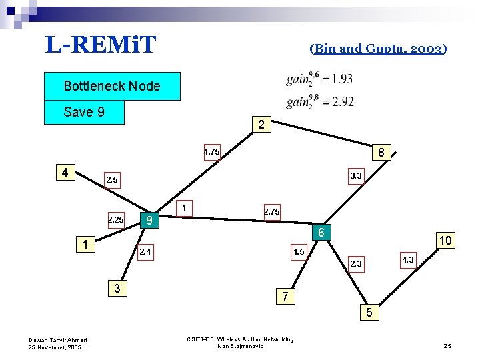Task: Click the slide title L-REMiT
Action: pyautogui.click(x=101, y=45)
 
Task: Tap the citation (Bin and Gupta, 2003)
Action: pyautogui.click(x=378, y=48)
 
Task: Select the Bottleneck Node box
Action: pyautogui.click(x=112, y=86)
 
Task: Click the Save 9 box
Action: pyautogui.click(x=84, y=112)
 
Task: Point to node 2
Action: pyautogui.click(x=261, y=124)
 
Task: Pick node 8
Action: pyautogui.click(x=381, y=153)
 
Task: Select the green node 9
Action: pyautogui.click(x=150, y=220)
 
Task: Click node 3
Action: pyautogui.click(x=117, y=289)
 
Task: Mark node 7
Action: pyautogui.click(x=285, y=296)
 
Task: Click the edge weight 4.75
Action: pyautogui.click(x=211, y=152)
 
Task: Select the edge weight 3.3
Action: pyautogui.click(x=356, y=176)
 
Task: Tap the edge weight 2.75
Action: pyautogui.click(x=271, y=211)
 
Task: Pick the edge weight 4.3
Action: pyautogui.click(x=407, y=259)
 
